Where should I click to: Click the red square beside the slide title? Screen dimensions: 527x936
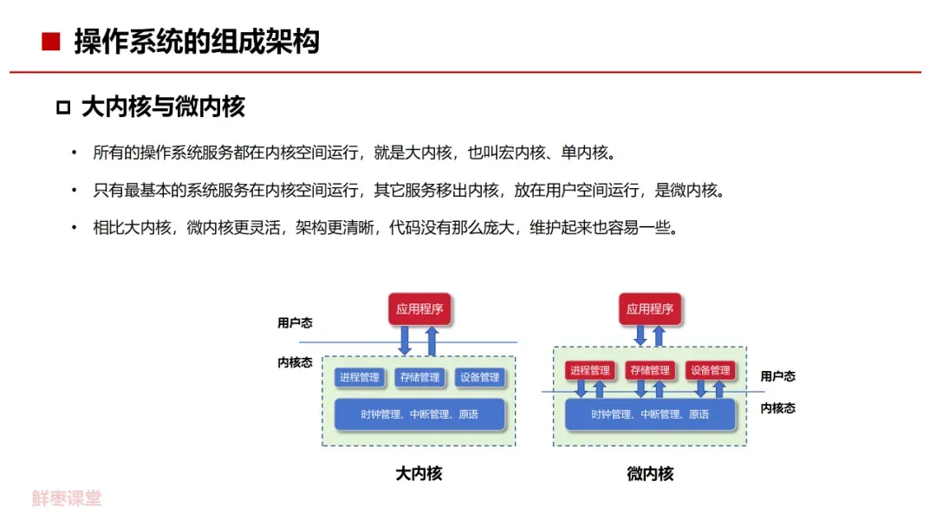51,42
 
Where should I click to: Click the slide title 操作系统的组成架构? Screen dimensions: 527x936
197,42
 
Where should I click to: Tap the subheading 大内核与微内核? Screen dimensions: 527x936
163,107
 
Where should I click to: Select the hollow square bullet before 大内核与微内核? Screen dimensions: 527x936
62,107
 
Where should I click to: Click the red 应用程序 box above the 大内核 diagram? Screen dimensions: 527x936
419,309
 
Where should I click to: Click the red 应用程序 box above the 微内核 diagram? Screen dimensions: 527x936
650,309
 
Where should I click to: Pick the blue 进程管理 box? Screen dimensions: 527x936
360,377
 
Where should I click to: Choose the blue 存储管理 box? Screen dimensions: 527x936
419,377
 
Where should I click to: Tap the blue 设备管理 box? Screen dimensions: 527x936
479,377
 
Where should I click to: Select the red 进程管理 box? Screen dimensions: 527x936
589,370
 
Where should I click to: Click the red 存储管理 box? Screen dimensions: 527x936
650,370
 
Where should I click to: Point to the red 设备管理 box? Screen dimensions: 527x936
710,370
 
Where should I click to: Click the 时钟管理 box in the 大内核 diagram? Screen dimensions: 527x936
419,414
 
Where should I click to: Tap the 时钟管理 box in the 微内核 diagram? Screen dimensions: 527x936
650,414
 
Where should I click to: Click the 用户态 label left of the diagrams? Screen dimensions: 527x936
295,323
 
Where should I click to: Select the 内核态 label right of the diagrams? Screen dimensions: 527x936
777,408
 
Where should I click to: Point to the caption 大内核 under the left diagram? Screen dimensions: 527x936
419,474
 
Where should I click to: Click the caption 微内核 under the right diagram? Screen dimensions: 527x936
650,474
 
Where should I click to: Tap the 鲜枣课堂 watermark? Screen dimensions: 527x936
67,498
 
